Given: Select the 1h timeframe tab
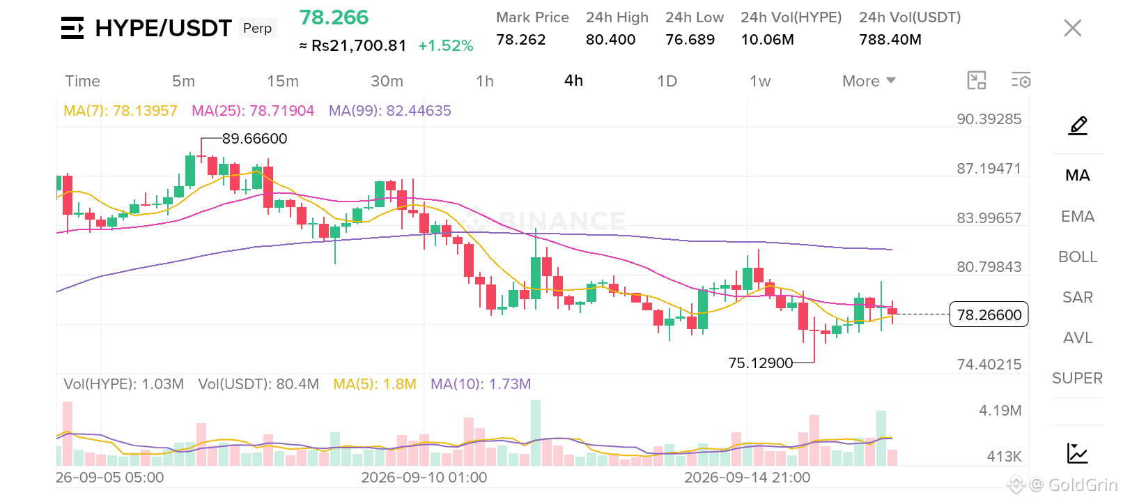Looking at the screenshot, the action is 484,81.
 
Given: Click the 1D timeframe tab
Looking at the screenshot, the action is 667,81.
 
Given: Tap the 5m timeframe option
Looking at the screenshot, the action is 183,81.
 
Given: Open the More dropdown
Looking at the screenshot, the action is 868,81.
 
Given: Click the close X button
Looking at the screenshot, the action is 1072,28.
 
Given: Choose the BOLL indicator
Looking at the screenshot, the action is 1078,257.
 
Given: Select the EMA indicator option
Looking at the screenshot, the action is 1078,216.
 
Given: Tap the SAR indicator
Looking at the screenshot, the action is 1078,297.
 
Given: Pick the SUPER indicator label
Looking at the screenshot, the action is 1078,378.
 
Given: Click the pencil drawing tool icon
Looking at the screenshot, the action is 1078,125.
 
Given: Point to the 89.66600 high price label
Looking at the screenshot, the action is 254,139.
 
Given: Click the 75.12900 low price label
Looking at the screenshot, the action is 761,363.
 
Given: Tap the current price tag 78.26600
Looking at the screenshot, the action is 989,314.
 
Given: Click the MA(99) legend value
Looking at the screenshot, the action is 389,110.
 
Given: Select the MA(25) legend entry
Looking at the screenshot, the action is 253,110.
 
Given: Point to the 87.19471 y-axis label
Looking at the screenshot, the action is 989,169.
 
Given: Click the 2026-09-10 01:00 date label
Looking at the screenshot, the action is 424,478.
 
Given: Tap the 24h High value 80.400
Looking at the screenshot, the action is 610,40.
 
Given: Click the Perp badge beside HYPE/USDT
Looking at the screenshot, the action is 257,28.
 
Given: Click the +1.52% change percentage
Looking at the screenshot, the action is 445,46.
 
